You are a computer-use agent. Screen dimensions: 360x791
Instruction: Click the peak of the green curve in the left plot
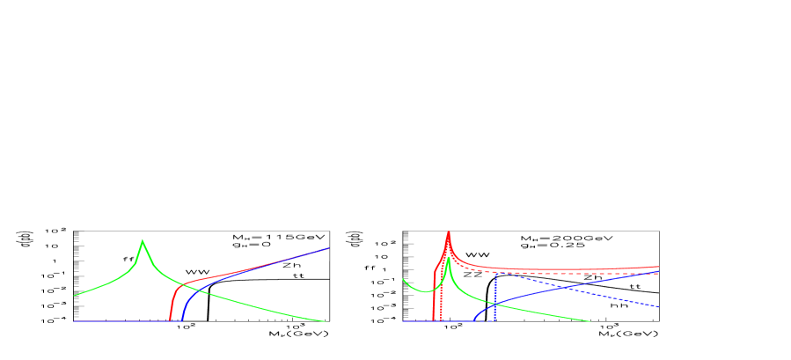(143, 240)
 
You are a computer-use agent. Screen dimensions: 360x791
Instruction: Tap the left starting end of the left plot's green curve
(74, 296)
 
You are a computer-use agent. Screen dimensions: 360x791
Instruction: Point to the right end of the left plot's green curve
(328, 321)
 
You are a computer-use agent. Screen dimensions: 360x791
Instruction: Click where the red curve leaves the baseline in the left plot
(169, 320)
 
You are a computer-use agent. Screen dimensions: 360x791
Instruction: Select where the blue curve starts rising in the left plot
(181, 320)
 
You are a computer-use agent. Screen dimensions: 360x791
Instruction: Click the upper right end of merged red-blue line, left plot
(328, 248)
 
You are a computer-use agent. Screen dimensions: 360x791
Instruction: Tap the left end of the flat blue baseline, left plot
(74, 321)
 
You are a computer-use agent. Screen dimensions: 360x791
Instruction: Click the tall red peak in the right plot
(449, 231)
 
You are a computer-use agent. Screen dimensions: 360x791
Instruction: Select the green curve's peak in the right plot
(448, 257)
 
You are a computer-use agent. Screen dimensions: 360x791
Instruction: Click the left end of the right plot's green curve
(403, 279)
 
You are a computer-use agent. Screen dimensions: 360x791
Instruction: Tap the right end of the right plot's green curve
(590, 321)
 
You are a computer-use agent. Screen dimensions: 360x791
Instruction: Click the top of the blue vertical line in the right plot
(495, 273)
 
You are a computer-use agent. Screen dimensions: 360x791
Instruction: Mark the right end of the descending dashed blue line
(659, 307)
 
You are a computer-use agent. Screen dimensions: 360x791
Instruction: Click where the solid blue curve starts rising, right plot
(474, 320)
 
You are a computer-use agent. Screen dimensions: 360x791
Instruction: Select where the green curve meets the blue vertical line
(495, 304)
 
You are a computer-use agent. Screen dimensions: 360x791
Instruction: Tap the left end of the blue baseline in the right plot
(403, 321)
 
